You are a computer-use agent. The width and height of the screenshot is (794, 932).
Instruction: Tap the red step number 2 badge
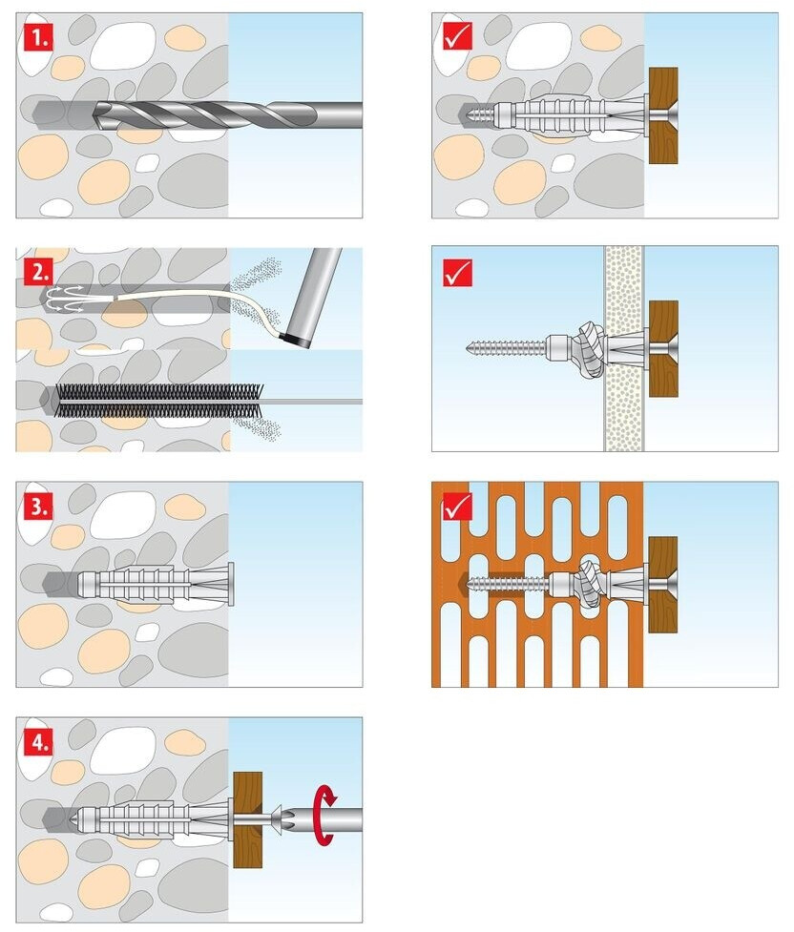pos(39,273)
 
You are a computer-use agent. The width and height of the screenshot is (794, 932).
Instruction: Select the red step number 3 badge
pos(39,507)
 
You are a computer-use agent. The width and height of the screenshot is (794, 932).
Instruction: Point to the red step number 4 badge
pos(39,742)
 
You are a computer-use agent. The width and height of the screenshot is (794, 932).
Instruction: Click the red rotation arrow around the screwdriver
pos(324,815)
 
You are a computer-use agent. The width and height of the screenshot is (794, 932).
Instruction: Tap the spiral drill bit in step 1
pos(228,114)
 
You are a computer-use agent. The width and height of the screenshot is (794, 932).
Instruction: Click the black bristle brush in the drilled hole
pos(158,400)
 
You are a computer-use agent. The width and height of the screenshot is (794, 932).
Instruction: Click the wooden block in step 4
pos(247,819)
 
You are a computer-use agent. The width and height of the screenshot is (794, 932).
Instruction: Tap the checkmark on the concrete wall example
pos(457,37)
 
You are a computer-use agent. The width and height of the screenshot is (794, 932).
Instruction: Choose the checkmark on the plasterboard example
pos(457,272)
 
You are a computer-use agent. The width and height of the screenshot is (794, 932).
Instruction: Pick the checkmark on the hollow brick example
pos(457,507)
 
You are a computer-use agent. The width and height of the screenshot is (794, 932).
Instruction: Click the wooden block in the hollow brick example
pos(663,584)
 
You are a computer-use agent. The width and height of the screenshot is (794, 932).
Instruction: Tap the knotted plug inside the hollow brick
pos(589,583)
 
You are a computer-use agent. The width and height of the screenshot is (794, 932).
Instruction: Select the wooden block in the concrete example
pos(663,115)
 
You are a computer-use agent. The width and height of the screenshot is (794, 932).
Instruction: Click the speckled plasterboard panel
pos(623,348)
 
